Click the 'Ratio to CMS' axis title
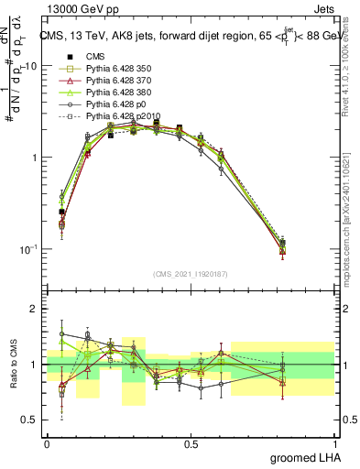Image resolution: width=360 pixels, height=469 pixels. pyautogui.click(x=13, y=365)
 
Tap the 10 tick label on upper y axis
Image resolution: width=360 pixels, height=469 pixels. pyautogui.click(x=30, y=66)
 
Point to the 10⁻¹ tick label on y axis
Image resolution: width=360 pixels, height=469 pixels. pyautogui.click(x=27, y=249)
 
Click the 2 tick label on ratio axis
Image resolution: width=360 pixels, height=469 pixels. pyautogui.click(x=36, y=309)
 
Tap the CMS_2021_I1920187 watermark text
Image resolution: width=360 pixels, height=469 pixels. pyautogui.click(x=191, y=274)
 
